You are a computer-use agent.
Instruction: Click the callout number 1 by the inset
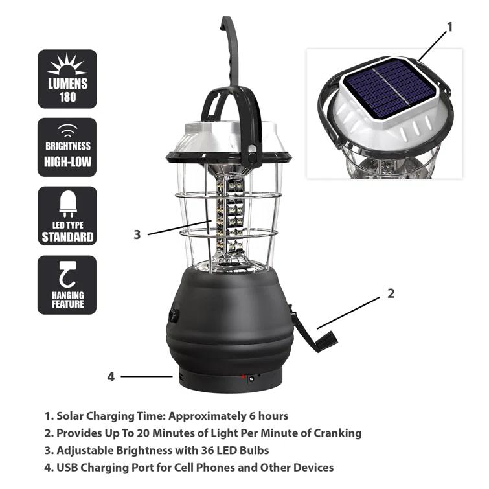click(449, 27)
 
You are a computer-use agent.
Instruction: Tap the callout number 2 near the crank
click(391, 293)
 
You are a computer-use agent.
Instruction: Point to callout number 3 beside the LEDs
click(137, 234)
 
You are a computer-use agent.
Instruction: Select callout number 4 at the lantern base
click(111, 376)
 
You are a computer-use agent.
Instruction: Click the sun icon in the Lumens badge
click(67, 66)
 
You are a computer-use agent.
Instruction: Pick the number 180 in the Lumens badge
click(67, 97)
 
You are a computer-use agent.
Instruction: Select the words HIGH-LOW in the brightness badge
click(67, 160)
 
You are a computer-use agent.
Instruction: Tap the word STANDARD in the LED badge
click(67, 236)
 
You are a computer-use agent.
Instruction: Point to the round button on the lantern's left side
click(174, 315)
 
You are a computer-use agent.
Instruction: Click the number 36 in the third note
click(216, 450)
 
